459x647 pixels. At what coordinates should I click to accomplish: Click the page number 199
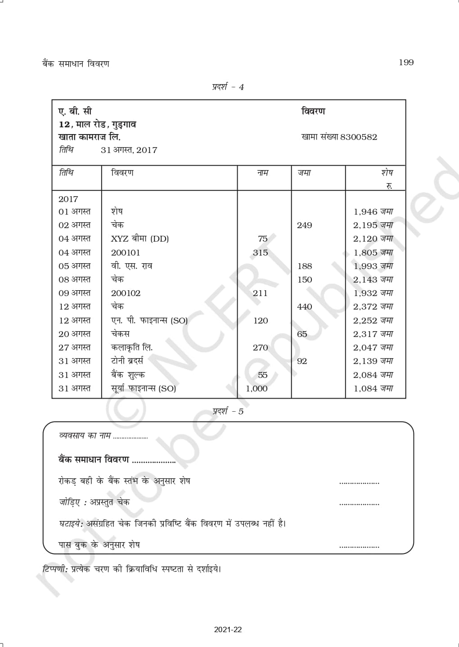click(x=406, y=63)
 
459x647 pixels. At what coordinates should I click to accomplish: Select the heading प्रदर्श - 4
click(x=228, y=87)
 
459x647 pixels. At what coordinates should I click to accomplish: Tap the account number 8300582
click(x=359, y=137)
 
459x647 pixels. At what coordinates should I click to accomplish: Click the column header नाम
click(x=263, y=173)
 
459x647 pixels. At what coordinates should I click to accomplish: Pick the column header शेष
click(x=387, y=173)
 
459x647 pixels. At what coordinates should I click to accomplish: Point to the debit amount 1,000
click(x=256, y=388)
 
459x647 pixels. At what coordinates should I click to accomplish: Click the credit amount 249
click(x=304, y=225)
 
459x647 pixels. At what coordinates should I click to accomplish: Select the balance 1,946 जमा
click(x=373, y=211)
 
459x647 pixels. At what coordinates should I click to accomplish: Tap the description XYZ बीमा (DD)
click(x=139, y=239)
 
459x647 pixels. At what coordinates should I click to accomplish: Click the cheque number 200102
click(x=126, y=293)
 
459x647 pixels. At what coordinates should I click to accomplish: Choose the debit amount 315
click(x=260, y=253)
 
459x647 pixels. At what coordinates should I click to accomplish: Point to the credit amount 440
click(x=304, y=307)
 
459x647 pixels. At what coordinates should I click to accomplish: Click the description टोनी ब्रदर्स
click(x=127, y=361)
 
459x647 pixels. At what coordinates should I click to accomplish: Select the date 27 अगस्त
click(x=74, y=348)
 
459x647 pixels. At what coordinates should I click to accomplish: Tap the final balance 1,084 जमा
click(x=373, y=388)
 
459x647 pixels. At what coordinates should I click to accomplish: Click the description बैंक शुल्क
click(x=128, y=375)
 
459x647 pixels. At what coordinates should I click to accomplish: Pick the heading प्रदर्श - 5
click(x=228, y=411)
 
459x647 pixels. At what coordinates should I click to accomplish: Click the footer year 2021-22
click(x=228, y=629)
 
